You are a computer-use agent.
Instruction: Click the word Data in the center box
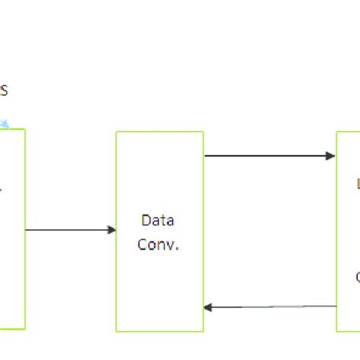tap(158, 220)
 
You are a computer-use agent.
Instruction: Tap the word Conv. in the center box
tap(159, 245)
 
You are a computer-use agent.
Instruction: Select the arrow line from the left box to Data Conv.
tap(68, 229)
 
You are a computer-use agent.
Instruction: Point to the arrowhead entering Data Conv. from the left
tap(112, 229)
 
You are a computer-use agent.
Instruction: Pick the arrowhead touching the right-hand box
tap(332, 156)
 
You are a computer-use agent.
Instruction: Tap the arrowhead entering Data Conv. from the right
tap(208, 308)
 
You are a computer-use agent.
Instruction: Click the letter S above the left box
tap(4, 91)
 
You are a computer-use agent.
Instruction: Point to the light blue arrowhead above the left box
tap(5, 123)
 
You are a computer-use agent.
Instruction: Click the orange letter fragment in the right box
tap(358, 182)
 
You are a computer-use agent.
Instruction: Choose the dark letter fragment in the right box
tap(358, 277)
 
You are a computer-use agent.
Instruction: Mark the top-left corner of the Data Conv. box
tap(116, 132)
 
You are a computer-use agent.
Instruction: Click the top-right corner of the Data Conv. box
tap(203, 132)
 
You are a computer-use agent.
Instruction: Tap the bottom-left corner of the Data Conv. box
tap(116, 331)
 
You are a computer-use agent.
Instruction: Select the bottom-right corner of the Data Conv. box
tap(203, 331)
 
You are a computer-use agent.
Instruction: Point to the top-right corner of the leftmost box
tap(25, 130)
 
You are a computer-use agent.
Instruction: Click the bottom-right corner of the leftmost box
tap(25, 329)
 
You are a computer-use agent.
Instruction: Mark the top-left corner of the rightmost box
tap(337, 132)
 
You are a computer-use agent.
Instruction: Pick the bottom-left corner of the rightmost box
tap(337, 331)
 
